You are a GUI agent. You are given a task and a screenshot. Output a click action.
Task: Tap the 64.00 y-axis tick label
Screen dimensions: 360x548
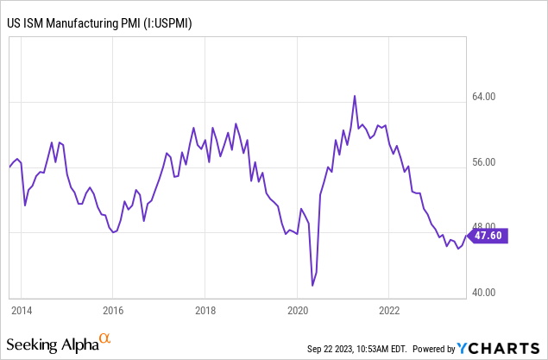click(488, 98)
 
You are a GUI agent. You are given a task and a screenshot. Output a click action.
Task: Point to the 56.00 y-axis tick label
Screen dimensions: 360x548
click(488, 162)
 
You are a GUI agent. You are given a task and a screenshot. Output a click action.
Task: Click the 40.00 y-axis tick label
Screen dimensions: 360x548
click(488, 292)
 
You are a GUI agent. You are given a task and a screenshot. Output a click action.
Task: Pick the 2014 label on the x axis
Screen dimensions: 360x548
click(22, 309)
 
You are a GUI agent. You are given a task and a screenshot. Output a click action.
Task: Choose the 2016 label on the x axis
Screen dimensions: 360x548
click(113, 309)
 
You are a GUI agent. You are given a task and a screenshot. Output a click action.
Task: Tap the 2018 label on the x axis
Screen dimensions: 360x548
click(205, 309)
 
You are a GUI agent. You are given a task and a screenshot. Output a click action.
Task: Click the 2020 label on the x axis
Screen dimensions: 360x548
click(297, 309)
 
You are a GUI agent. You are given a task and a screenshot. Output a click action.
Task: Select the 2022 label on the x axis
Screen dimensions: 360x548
click(389, 309)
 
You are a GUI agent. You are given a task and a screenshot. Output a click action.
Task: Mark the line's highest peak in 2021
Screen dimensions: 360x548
click(355, 96)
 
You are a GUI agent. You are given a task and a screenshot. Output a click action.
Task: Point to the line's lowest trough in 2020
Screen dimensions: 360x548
click(312, 285)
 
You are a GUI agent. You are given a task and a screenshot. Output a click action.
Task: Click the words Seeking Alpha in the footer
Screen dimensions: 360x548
click(54, 344)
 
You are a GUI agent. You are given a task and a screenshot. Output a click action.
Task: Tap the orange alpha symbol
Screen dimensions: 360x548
click(104, 339)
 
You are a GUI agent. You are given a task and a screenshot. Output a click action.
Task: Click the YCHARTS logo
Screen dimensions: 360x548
click(498, 347)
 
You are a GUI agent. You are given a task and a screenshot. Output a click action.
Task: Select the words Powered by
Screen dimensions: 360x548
click(432, 349)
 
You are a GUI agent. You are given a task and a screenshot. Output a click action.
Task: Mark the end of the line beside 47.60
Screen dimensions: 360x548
click(464, 234)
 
